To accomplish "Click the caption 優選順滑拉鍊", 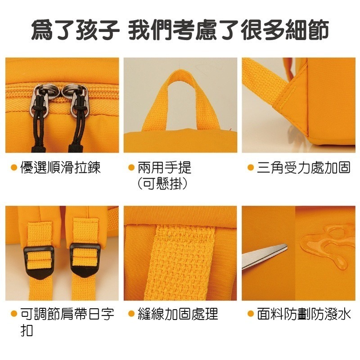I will pos(61,168).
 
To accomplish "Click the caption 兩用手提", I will pos(165,168).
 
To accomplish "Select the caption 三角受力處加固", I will pos(304,168).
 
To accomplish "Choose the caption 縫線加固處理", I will pos(178,314).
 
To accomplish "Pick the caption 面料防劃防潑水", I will pos(304,314).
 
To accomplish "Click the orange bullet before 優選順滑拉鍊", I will pos(14,168).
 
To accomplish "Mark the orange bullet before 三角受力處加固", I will pos(251,168).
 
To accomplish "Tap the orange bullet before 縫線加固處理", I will pos(131,314).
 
